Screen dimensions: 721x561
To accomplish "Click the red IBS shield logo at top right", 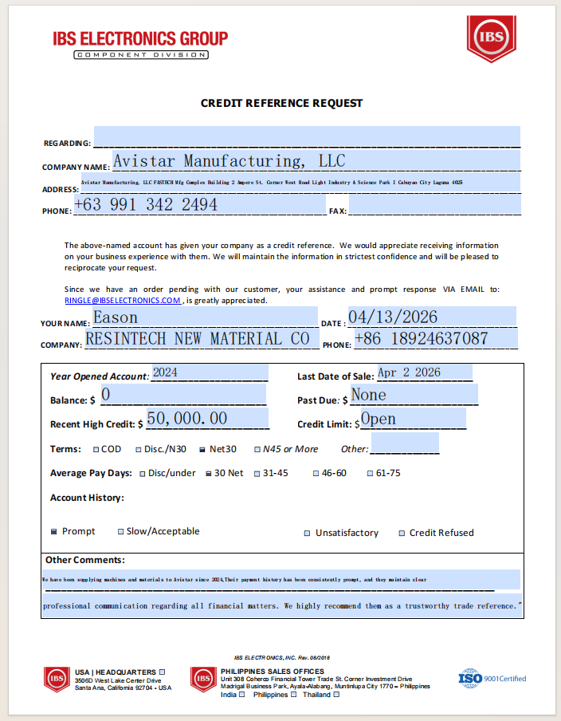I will coord(491,37).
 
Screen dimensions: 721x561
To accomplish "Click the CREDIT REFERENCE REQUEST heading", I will coord(281,103).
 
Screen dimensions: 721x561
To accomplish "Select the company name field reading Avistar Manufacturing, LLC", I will coord(229,161).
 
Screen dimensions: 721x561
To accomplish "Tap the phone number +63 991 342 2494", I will coord(146,205).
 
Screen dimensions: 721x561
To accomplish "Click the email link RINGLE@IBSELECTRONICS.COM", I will coord(123,301).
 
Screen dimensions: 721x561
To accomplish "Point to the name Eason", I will coord(116,318).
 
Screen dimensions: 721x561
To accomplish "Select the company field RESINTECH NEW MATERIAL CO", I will coord(197,339).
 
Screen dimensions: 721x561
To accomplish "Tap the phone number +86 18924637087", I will coord(421,339).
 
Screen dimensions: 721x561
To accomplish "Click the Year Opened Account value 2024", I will coord(166,372).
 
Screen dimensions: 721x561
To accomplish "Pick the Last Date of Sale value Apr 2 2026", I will coord(409,372).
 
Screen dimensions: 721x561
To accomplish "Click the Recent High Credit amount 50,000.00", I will coord(187,419).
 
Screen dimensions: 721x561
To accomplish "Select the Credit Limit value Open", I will coord(379,419).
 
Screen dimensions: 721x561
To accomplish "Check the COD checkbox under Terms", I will coord(96,450).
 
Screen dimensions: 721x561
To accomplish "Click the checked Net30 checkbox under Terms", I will coord(202,450).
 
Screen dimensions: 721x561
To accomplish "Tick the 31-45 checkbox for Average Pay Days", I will coord(257,474).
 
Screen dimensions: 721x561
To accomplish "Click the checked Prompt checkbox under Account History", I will coord(54,531).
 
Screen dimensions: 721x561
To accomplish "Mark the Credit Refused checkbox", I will coord(402,534).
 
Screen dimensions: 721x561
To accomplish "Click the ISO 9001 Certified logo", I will coord(492,679).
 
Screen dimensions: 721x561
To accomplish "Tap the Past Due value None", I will coord(369,395).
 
